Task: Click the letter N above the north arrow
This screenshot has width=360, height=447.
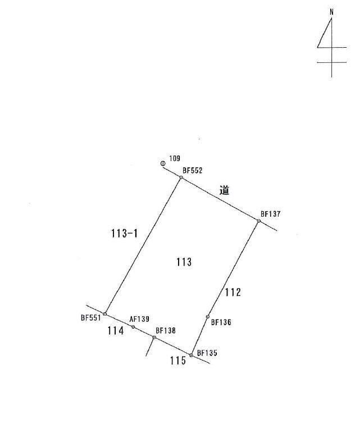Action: point(331,12)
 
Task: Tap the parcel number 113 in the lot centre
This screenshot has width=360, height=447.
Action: point(184,262)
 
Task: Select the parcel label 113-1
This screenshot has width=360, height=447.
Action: point(124,234)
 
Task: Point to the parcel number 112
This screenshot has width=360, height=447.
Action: point(233,292)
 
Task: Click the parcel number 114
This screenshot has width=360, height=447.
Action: point(116,331)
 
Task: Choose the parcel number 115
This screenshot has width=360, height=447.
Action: point(178,361)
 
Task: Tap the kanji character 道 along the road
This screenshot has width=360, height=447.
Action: point(224,190)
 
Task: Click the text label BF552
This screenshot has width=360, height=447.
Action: point(193,171)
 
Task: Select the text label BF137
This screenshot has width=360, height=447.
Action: point(271,214)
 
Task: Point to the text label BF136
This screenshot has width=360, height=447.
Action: point(221,322)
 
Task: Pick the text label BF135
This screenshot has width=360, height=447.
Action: point(207,353)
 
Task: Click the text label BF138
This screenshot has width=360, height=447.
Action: point(166,331)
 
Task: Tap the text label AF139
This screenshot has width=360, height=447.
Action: point(139,319)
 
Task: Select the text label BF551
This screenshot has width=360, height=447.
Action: point(91,318)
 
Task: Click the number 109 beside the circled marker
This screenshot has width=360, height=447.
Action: point(175,158)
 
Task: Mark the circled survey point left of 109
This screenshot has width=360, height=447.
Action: point(163,163)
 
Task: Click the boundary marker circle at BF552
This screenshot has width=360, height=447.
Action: point(181,177)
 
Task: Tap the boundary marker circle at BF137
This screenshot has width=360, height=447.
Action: point(258,221)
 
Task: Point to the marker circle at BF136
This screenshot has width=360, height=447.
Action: point(207,317)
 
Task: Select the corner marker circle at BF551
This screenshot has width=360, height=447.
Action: point(105,314)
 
